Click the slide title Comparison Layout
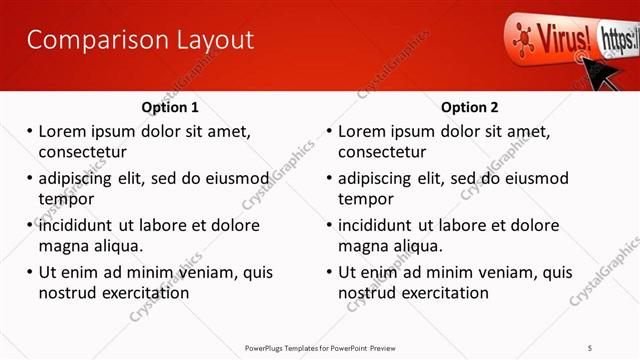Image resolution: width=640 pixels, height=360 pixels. pyautogui.click(x=139, y=41)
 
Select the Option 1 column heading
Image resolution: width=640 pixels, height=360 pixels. pyautogui.click(x=171, y=108)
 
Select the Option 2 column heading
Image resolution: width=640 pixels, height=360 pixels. pyautogui.click(x=469, y=108)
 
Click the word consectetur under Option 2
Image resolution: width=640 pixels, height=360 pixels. pyautogui.click(x=382, y=152)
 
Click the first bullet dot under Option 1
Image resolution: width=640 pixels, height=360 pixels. pyautogui.click(x=30, y=131)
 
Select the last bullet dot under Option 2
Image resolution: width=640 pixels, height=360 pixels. pyautogui.click(x=330, y=272)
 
